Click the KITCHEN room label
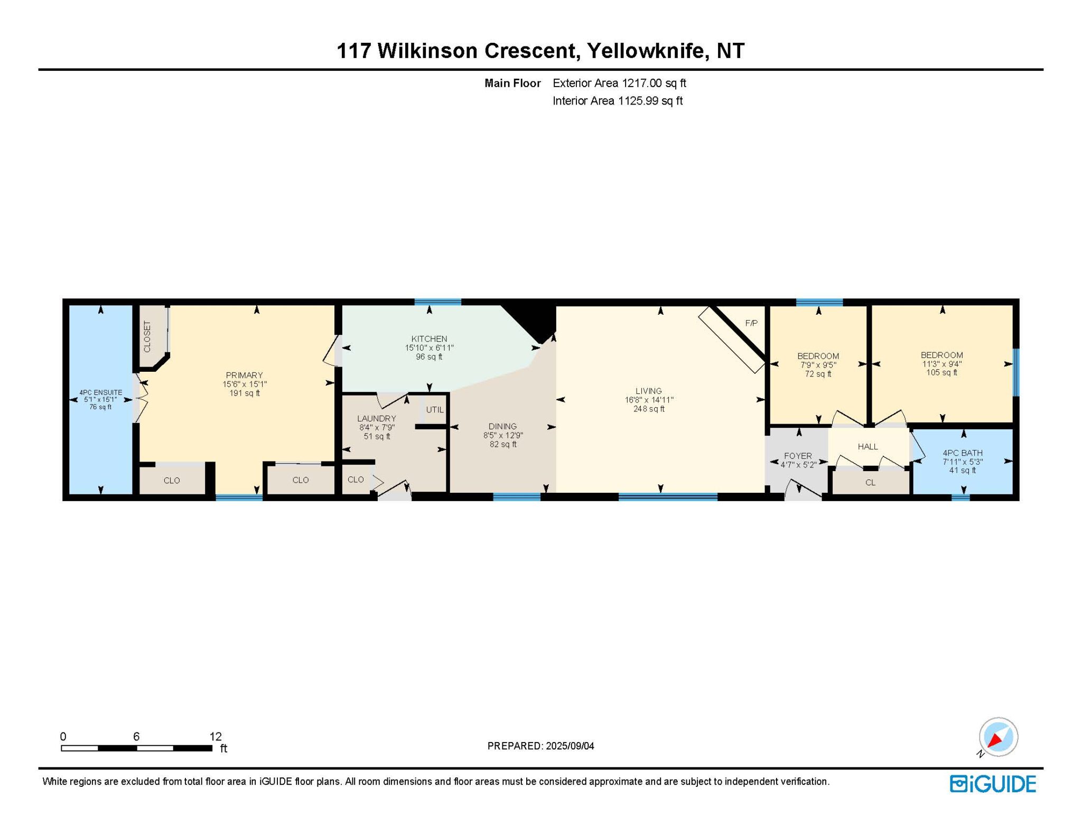429,339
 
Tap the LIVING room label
648,391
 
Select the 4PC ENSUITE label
100,392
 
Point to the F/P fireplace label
751,323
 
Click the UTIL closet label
435,410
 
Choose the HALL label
868,447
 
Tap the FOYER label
798,456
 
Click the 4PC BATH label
963,453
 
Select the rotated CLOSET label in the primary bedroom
147,336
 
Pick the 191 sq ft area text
244,393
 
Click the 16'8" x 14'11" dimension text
649,400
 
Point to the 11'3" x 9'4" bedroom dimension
941,364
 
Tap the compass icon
998,737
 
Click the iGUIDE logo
993,784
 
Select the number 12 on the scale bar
216,736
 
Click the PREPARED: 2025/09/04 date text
540,746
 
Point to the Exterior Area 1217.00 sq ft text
619,83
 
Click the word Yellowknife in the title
648,51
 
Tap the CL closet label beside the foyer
870,483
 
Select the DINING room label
502,426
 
